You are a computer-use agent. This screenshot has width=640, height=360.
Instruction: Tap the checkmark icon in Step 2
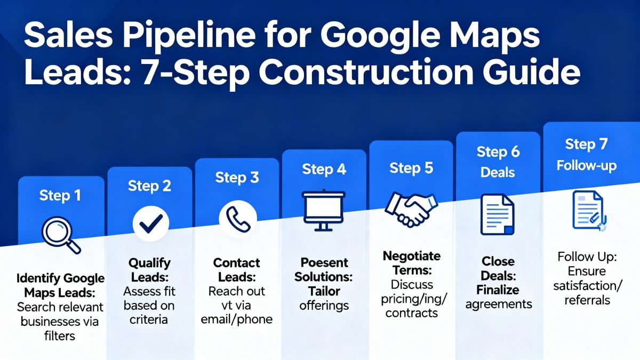pyautogui.click(x=151, y=223)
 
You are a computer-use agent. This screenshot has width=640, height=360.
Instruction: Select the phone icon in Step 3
pyautogui.click(x=238, y=219)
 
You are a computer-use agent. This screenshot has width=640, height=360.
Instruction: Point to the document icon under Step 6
pyautogui.click(x=498, y=214)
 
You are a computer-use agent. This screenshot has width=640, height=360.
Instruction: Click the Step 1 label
pyautogui.click(x=60, y=196)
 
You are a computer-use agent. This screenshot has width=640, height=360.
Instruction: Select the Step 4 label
pyautogui.click(x=324, y=169)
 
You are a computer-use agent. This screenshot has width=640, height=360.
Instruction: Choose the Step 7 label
pyautogui.click(x=586, y=144)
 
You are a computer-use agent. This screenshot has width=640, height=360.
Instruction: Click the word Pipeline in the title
pyautogui.click(x=189, y=36)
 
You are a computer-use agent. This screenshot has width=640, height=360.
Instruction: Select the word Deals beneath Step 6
pyautogui.click(x=498, y=172)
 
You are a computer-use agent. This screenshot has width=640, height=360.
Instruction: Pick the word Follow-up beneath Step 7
pyautogui.click(x=587, y=166)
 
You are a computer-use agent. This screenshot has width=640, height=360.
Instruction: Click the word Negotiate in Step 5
pyautogui.click(x=411, y=256)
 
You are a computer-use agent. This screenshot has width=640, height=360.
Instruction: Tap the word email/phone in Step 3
pyautogui.click(x=237, y=319)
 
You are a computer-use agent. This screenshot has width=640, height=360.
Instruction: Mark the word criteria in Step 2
pyautogui.click(x=149, y=319)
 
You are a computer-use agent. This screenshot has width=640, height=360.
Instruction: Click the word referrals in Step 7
pyautogui.click(x=587, y=300)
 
